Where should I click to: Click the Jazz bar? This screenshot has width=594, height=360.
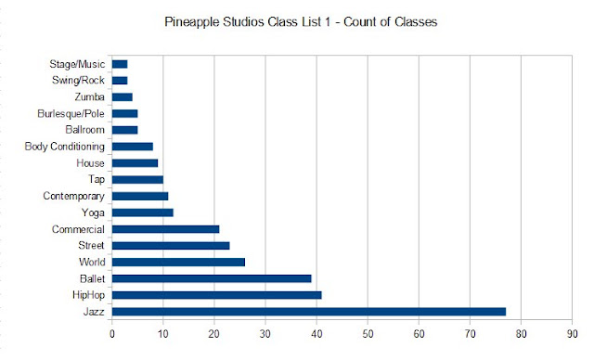click(309, 312)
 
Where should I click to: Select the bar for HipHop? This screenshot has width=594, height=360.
click(216, 295)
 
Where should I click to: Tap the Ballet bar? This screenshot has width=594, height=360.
click(212, 278)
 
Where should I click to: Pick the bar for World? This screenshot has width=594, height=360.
click(178, 262)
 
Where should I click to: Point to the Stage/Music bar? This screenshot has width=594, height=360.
click(120, 64)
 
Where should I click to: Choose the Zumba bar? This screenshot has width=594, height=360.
click(122, 96)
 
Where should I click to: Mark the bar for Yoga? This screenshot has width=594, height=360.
click(142, 212)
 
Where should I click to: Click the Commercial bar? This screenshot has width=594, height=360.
click(165, 229)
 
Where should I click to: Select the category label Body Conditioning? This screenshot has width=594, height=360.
click(65, 147)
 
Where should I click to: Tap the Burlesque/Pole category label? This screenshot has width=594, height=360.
click(71, 113)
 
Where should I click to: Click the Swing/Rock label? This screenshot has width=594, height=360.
click(78, 81)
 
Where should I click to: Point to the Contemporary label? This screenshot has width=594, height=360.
click(74, 196)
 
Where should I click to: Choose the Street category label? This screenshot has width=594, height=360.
click(91, 245)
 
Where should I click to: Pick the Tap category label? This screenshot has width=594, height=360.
click(97, 179)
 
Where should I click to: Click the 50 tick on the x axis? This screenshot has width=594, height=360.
click(368, 334)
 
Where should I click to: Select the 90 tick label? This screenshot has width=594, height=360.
click(572, 334)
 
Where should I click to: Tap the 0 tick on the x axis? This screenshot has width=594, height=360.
click(112, 334)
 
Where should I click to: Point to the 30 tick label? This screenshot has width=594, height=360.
click(265, 334)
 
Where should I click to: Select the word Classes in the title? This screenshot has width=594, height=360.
click(416, 21)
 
